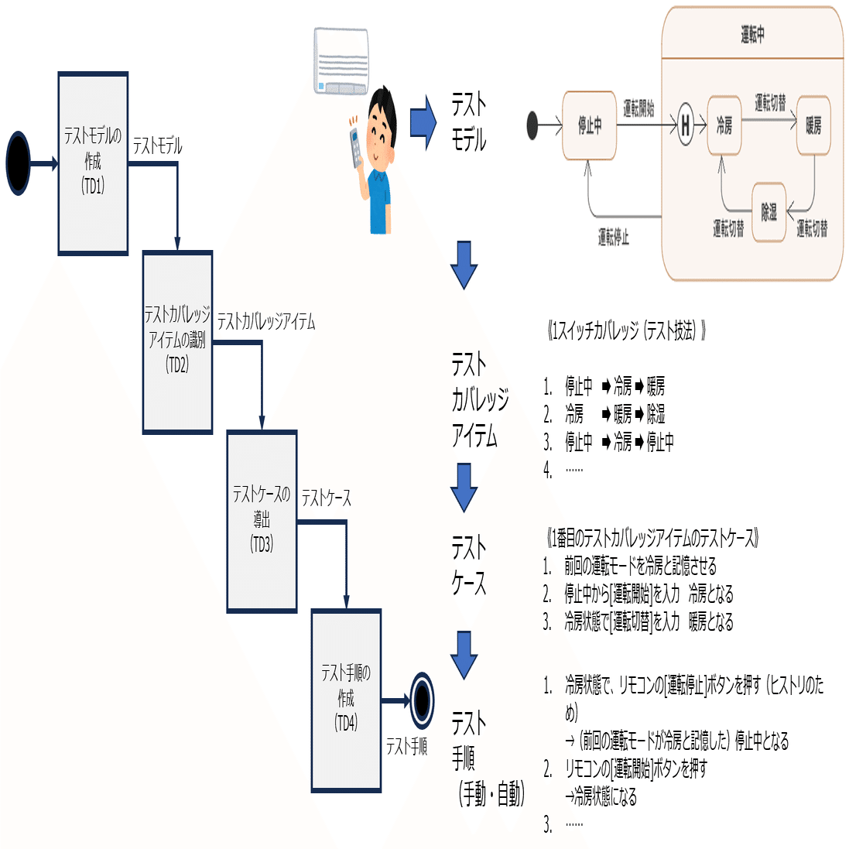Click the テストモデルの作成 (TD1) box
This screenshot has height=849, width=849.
(x=93, y=163)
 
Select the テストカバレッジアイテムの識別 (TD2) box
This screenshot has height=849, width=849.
(x=177, y=342)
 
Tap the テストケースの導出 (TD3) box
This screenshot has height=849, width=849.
(x=262, y=521)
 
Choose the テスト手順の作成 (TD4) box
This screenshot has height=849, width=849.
(x=346, y=700)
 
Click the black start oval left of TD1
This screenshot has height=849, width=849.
(x=17, y=163)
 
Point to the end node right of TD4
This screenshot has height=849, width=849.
(x=422, y=700)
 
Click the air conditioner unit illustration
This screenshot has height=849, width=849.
(x=341, y=61)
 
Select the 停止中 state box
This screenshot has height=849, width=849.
(x=589, y=125)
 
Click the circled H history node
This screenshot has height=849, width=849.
(x=686, y=125)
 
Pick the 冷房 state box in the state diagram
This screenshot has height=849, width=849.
(x=724, y=125)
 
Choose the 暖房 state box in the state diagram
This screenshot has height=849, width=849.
(x=813, y=125)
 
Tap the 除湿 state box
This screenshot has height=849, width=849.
(x=769, y=211)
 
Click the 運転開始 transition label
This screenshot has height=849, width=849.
(x=638, y=109)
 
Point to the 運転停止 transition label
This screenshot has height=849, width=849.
(x=614, y=237)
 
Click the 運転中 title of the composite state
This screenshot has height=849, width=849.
(x=752, y=34)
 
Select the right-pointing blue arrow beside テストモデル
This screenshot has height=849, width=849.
(x=423, y=122)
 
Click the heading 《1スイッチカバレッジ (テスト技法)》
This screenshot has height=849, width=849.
(x=626, y=331)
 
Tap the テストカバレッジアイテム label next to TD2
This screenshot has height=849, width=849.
(x=265, y=322)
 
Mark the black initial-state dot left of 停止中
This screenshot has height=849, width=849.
(x=532, y=125)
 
